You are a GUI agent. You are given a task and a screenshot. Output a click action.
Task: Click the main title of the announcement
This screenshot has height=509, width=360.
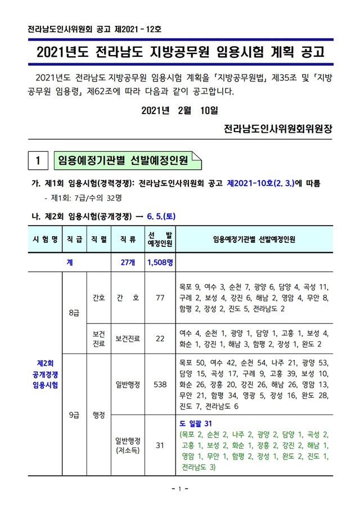pos(180,53)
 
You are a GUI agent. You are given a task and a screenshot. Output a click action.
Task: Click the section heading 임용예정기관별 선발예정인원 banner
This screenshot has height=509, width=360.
pos(124,161)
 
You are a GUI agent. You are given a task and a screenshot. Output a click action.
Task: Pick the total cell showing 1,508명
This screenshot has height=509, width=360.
pos(160,262)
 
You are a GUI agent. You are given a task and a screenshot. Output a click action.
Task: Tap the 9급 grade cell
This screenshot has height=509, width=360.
pos(73,415)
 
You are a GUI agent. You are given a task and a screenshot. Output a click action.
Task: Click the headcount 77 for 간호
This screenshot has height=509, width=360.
pos(160,298)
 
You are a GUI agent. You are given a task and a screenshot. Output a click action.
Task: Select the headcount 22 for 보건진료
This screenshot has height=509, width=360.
pos(160,339)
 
